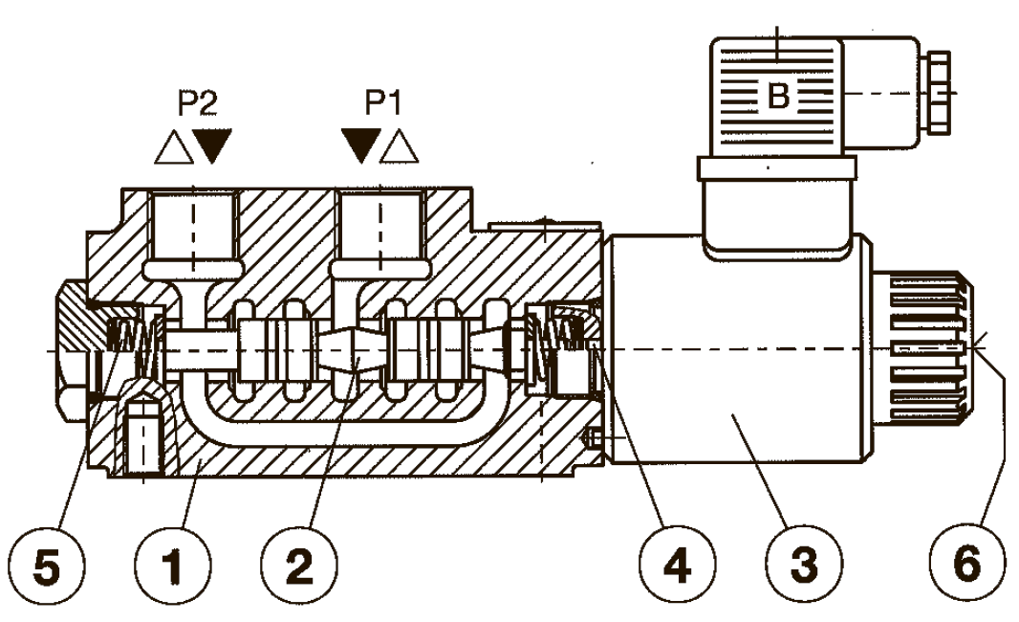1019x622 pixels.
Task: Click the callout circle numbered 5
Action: coord(48,565)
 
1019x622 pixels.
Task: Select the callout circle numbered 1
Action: coord(174,565)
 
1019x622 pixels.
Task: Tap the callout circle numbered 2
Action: coord(299,565)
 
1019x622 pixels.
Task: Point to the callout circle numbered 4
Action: coord(677,565)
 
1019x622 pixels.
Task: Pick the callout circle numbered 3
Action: coord(804,565)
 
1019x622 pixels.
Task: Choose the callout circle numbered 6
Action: coord(967,565)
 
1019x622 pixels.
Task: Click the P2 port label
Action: coord(198,102)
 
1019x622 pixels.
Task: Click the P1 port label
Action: coord(383,102)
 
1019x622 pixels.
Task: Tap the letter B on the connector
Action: coord(778,96)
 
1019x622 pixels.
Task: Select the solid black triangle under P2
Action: coord(212,145)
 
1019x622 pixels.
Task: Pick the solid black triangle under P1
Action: coord(361,145)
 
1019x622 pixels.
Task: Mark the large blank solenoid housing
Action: coord(738,351)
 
